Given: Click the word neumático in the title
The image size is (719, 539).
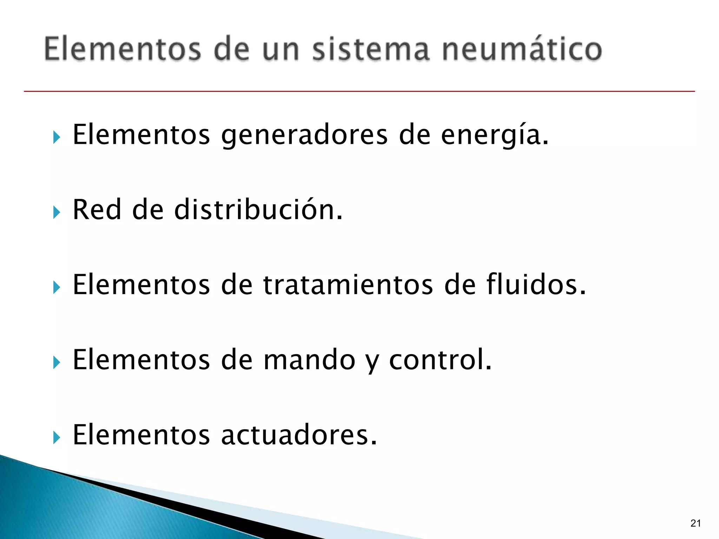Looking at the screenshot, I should tap(522, 49).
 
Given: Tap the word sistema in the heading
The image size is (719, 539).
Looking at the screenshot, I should tap(371, 49).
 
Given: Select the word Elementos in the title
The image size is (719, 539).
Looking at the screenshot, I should tap(123, 49).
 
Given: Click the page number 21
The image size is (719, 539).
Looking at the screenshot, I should tap(695, 523).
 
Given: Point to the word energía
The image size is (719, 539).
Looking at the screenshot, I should tap(494, 135).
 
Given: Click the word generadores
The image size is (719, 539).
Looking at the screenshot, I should tap(304, 135).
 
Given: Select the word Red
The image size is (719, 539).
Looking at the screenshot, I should tap(97, 209).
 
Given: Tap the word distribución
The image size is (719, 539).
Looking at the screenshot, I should tap(258, 209).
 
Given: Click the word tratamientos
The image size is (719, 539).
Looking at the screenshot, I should tap(348, 285).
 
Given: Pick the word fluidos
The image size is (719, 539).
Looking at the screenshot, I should tap(536, 285).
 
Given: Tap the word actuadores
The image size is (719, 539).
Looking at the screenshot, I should tap(299, 435).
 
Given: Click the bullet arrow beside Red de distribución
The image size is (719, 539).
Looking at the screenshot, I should tap(57, 212).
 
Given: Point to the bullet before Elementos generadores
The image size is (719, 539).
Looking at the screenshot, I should tap(57, 137).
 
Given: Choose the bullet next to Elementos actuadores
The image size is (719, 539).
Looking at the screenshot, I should tap(57, 438).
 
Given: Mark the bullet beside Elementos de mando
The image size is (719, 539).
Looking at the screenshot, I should tap(57, 362).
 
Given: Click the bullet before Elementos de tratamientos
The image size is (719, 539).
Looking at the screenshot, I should tap(57, 287).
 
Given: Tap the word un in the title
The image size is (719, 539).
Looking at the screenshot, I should tap(281, 49).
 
